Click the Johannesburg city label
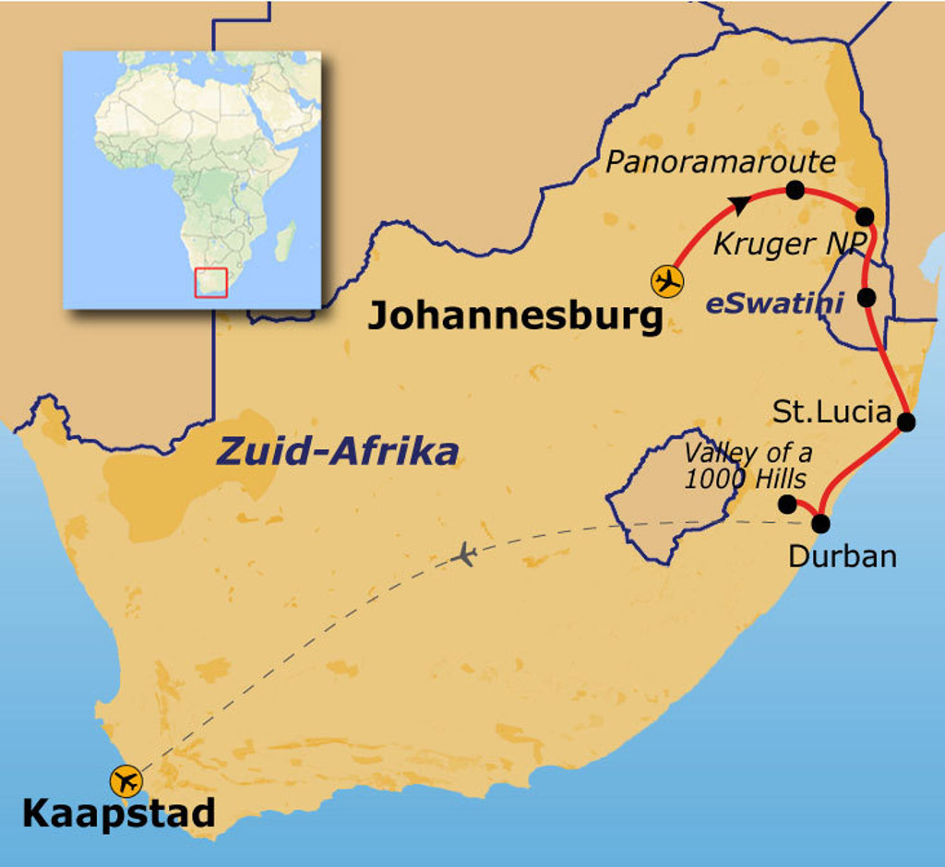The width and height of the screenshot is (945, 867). pos(515,316)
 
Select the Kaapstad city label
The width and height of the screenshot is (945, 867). pos(118,814)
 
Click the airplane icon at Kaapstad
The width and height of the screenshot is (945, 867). pos(126,780)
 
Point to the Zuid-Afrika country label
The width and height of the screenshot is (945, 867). pos(337,452)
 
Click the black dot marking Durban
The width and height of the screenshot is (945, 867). pos(819,524)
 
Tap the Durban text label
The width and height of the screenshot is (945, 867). pos(842,556)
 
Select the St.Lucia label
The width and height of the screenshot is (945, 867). pos(831,411)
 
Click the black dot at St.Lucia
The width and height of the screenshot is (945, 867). pos(905,422)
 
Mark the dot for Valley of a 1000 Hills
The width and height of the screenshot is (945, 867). pos(787,504)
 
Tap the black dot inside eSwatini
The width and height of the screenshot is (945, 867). pos(866,297)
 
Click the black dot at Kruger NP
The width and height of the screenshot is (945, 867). pos(865,217)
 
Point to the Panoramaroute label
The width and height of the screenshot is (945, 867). pos(720,163)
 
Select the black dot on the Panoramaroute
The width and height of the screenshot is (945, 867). pos(795,190)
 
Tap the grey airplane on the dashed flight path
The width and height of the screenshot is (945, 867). pos(466,555)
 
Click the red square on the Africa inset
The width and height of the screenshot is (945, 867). pos(210,283)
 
